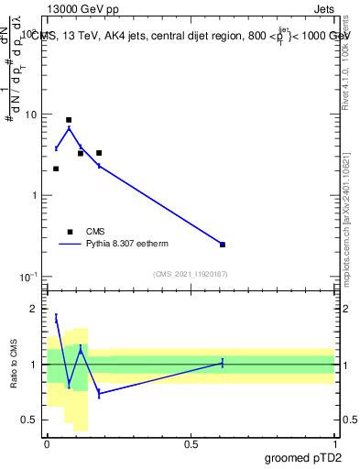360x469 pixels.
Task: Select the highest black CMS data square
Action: [x=69, y=120]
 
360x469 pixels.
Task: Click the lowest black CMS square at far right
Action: [x=223, y=245]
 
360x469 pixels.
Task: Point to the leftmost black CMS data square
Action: [x=56, y=169]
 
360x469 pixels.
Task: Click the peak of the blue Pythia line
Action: [x=69, y=128]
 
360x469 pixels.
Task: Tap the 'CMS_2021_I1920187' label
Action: [x=190, y=274]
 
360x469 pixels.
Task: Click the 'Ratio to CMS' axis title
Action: [x=13, y=364]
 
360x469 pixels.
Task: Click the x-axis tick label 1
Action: [x=335, y=443]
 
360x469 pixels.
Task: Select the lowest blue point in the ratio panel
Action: [x=99, y=393]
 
